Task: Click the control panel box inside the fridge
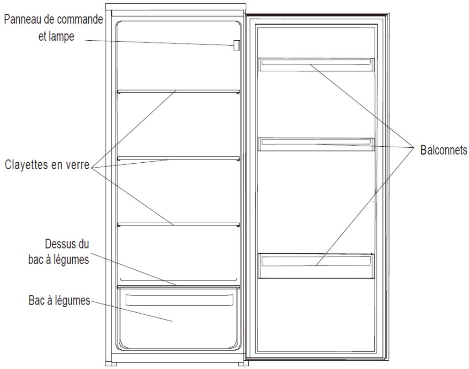coord(236,45)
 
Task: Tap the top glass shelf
coord(179,91)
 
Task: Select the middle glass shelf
coord(179,159)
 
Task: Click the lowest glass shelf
coord(179,224)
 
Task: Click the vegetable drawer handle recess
coord(179,300)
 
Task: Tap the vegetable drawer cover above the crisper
coord(179,286)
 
